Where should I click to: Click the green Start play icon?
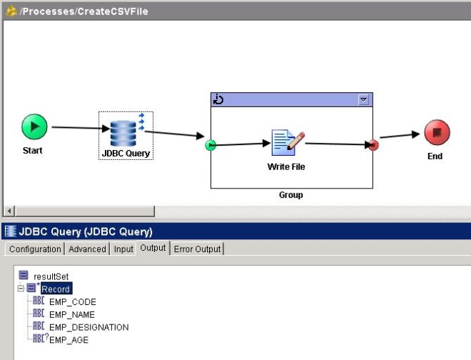point(34,127)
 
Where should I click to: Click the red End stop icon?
point(437,133)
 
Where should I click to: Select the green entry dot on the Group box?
point(210,145)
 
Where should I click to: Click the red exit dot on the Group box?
point(373,145)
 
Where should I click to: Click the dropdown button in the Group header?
point(364,100)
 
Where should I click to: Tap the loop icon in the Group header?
point(219,100)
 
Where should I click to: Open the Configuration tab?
point(34,249)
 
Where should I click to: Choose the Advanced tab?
point(86,249)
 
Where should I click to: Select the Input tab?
point(123,249)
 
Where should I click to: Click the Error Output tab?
point(198,249)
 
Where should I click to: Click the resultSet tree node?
point(50,276)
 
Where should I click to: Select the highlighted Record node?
point(55,289)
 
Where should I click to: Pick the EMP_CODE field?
point(72,302)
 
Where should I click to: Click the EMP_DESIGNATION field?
point(88,328)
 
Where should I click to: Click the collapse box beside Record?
point(21,289)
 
